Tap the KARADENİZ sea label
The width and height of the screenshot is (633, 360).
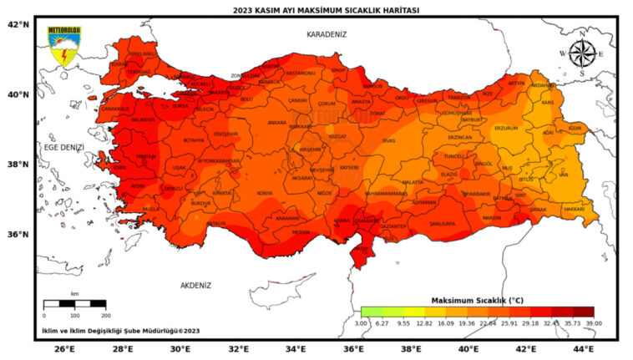(x=326, y=34)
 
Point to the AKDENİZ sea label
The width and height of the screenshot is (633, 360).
(x=196, y=285)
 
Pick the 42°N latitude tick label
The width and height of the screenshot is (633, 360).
(x=18, y=24)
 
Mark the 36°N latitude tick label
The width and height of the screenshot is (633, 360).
(x=18, y=234)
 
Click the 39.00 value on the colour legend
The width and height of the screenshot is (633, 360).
(x=593, y=322)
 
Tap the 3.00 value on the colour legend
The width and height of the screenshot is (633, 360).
(x=361, y=322)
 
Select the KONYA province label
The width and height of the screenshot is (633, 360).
(x=265, y=193)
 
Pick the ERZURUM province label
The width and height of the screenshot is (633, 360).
(x=506, y=128)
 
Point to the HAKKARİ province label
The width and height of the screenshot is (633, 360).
(x=574, y=208)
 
